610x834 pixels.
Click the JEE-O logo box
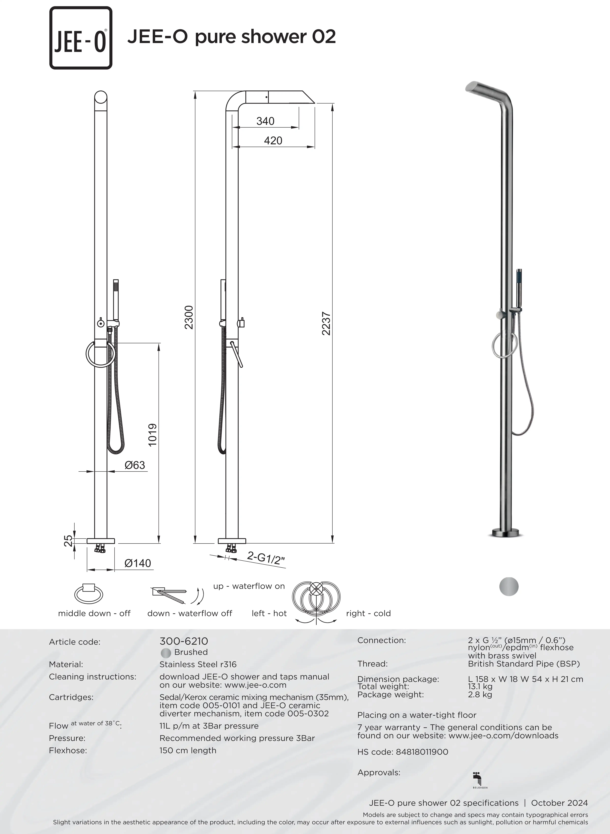(81, 38)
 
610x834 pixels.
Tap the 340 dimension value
(265, 121)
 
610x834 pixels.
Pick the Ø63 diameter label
(135, 465)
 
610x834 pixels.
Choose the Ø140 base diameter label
(138, 563)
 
